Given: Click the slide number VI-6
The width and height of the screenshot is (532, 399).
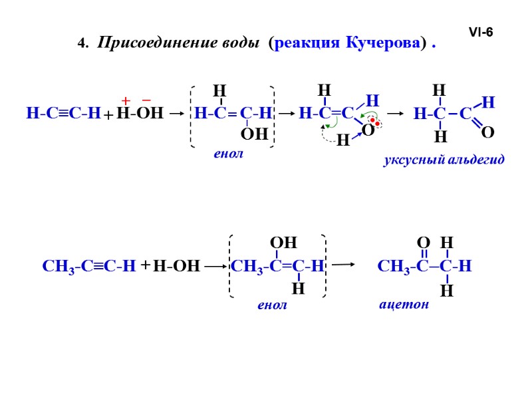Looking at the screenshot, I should pyautogui.click(x=481, y=31).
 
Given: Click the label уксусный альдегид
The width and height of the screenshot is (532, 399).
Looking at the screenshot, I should pyautogui.click(x=444, y=160).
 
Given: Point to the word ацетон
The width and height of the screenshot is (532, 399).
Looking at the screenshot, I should pyautogui.click(x=404, y=305).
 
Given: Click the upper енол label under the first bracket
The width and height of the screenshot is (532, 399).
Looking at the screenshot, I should pyautogui.click(x=229, y=154).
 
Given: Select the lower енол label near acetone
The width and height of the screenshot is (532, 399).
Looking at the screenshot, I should pyautogui.click(x=272, y=305).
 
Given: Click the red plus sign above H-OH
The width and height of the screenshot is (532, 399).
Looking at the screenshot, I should pyautogui.click(x=124, y=100).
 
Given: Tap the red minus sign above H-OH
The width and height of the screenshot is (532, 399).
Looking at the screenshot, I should pyautogui.click(x=146, y=100).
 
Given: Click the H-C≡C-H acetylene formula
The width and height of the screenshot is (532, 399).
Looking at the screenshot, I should pyautogui.click(x=63, y=114).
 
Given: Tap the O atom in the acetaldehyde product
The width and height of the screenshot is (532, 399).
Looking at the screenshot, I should pyautogui.click(x=487, y=134).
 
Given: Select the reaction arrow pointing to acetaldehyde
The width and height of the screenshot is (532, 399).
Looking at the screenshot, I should pyautogui.click(x=395, y=114).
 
